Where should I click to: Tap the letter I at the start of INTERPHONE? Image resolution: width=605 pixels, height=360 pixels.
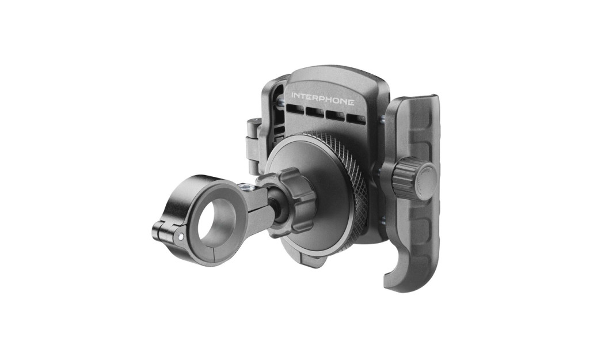[x=292, y=94]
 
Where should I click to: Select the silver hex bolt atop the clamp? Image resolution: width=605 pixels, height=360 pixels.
[x=244, y=187]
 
